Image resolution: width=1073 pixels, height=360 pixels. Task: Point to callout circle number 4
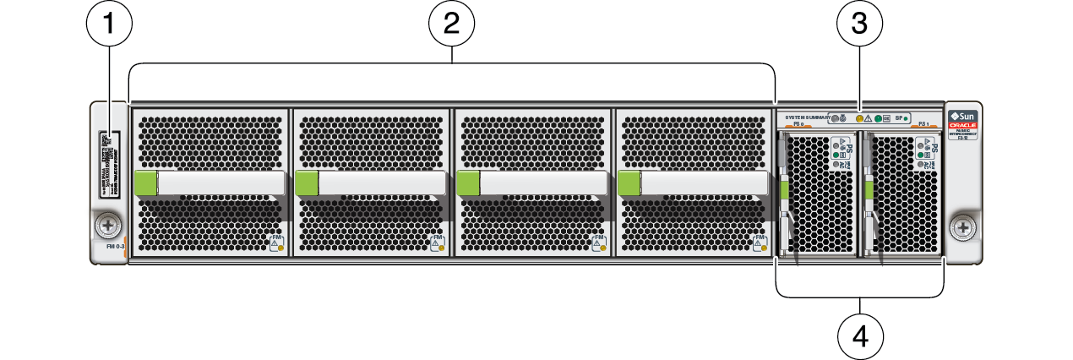point(860,336)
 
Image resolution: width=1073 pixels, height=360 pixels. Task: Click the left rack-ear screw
point(108,226)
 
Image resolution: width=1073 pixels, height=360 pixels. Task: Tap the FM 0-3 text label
point(116,247)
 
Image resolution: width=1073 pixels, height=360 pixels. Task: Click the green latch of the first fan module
point(145,183)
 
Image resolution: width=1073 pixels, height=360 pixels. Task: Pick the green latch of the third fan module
point(468,183)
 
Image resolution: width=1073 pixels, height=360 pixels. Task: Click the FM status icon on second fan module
point(437,243)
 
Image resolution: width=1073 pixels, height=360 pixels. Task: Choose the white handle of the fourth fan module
point(705,183)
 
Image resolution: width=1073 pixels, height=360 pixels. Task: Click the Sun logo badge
point(961,116)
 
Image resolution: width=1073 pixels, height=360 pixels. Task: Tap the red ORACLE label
point(961,125)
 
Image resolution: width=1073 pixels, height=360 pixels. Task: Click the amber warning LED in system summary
point(861,119)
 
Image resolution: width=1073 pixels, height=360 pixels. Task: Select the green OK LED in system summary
point(879,119)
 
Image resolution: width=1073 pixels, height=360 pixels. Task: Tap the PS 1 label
point(923,125)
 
